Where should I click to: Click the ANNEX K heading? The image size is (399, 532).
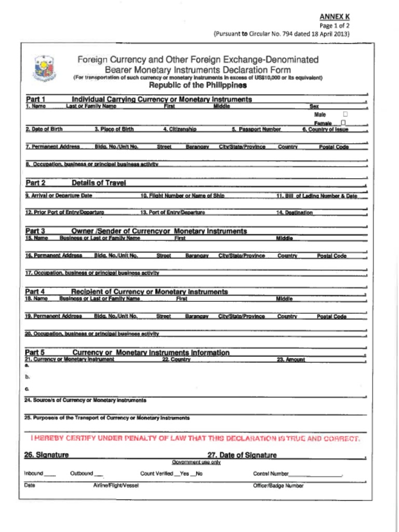[334, 17]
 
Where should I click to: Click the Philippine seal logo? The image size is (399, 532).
[44, 69]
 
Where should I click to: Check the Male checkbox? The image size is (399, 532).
[345, 114]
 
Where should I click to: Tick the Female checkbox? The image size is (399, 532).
[344, 123]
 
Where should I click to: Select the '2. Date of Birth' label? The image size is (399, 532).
[44, 129]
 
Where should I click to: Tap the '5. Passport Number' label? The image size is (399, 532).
[256, 129]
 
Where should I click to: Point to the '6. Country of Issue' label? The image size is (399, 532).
[325, 129]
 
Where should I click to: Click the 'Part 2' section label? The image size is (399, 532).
[35, 183]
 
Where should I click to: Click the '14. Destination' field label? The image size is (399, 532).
[294, 212]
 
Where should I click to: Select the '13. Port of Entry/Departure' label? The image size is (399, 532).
[172, 212]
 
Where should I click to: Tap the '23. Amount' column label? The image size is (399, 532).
[290, 360]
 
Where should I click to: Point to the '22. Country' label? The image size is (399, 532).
[176, 360]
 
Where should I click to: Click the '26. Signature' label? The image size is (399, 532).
[46, 455]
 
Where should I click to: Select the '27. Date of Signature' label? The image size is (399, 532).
[242, 455]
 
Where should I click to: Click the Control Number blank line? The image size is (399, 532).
[315, 475]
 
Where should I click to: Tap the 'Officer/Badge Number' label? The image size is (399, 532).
[278, 486]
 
